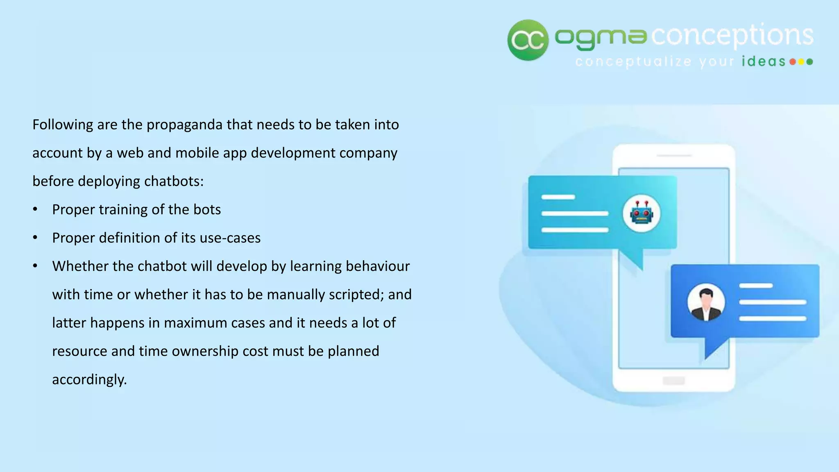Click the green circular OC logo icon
click(x=528, y=40)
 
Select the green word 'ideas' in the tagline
click(x=764, y=62)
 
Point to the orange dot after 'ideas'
click(x=793, y=62)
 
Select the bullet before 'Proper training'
click(x=36, y=209)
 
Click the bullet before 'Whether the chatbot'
click(x=36, y=266)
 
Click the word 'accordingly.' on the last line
click(x=89, y=379)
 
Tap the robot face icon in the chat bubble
click(x=641, y=213)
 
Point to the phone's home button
click(x=673, y=381)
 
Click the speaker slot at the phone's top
click(x=674, y=156)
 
